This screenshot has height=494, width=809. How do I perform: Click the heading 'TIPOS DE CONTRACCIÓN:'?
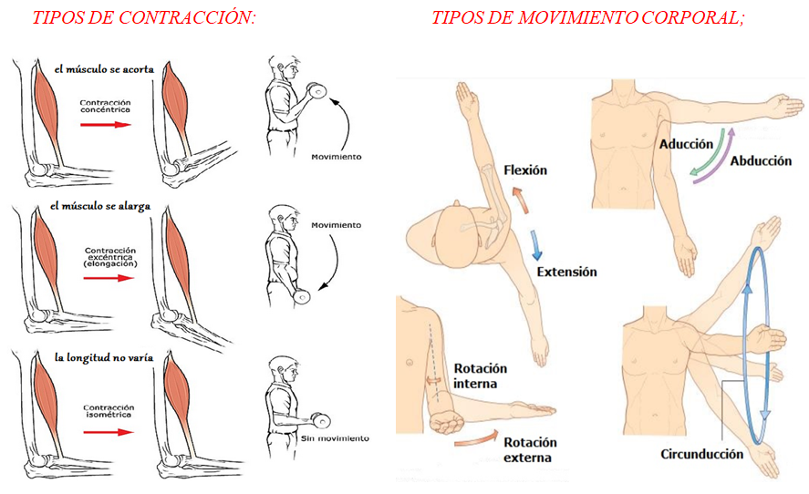(144, 17)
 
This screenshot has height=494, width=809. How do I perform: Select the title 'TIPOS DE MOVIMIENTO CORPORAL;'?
(588, 17)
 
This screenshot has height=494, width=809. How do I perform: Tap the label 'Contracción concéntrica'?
(105, 107)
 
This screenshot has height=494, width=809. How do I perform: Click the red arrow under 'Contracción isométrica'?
(109, 432)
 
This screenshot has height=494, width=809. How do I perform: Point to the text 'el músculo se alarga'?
(100, 206)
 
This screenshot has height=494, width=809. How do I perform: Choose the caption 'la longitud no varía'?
(104, 357)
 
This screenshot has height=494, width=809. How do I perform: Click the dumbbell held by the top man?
(316, 91)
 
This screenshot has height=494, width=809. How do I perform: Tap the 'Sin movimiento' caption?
(336, 438)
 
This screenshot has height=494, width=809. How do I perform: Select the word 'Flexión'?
(525, 170)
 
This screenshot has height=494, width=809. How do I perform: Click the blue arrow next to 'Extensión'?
(535, 245)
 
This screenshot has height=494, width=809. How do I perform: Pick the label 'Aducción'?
(686, 144)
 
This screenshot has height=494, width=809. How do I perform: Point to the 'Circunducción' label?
(701, 454)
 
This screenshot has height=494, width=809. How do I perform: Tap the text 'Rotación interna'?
(480, 376)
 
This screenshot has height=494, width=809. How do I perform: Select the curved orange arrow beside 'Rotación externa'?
(477, 437)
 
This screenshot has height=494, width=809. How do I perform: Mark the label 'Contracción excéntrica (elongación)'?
(109, 257)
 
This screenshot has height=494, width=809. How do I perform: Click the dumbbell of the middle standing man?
(301, 296)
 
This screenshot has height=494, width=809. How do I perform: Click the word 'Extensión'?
(566, 272)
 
